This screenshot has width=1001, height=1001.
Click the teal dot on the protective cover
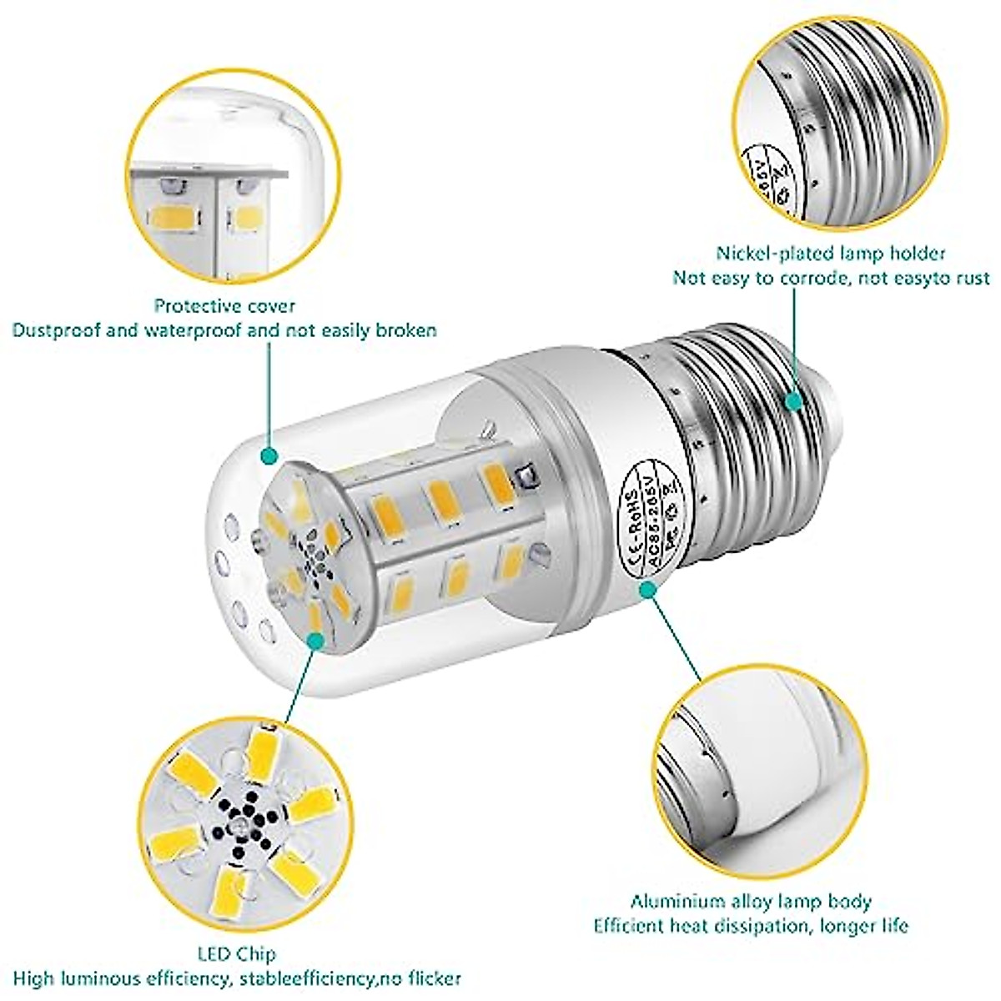(x=269, y=455)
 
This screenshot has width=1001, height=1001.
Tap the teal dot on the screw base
(x=794, y=402)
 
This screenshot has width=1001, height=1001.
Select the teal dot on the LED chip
(x=315, y=640)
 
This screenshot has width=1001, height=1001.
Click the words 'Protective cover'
(x=224, y=306)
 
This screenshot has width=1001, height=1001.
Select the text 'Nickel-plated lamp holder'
(x=831, y=253)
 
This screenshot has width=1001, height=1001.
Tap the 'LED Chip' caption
(x=239, y=953)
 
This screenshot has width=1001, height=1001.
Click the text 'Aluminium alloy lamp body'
(x=751, y=901)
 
